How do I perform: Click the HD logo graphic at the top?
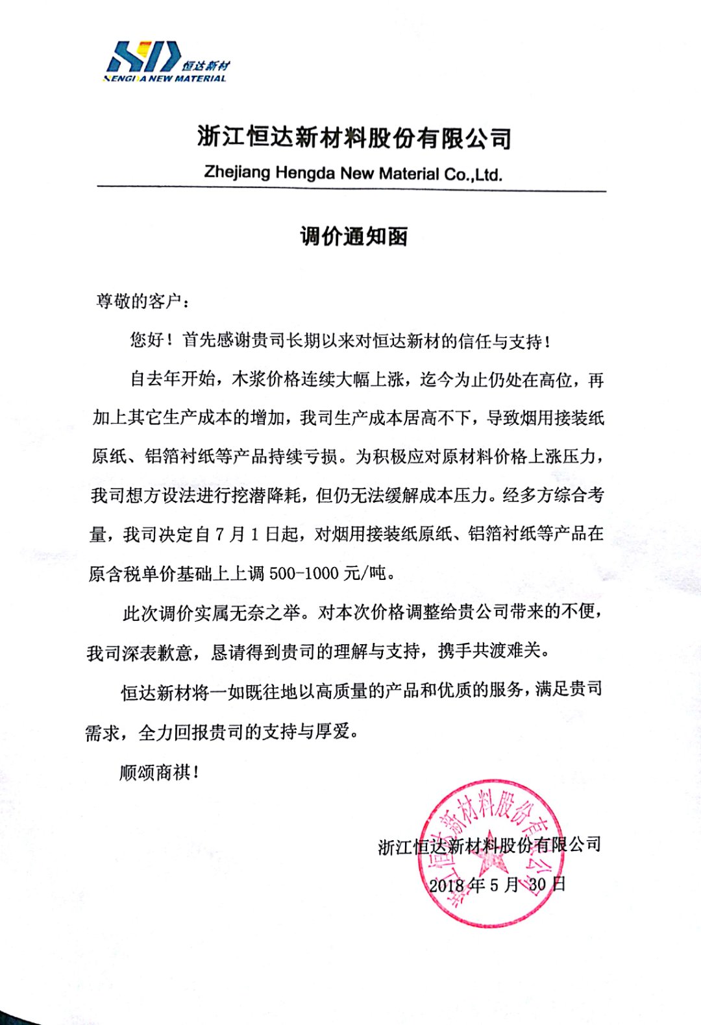(143, 56)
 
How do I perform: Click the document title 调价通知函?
(354, 237)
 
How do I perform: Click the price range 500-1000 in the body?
(304, 573)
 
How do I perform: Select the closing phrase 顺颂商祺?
(155, 772)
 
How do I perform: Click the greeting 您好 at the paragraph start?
(147, 339)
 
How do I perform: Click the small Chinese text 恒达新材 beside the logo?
(206, 66)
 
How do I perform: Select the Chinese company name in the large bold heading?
(354, 138)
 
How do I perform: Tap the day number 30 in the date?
(537, 885)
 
